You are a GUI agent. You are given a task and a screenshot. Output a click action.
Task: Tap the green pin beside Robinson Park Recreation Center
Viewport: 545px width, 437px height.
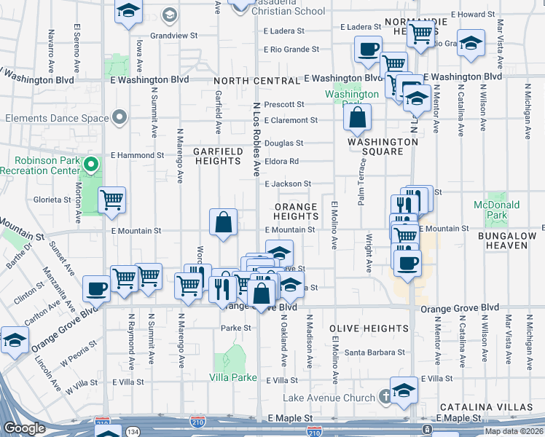coord(91,165)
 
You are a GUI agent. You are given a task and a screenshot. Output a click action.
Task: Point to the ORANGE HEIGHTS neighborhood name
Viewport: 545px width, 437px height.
coord(296,212)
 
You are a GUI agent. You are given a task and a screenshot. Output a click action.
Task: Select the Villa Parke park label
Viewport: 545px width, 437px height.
coord(233,377)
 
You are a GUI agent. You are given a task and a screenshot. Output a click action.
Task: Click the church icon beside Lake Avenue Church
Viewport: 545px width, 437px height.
coord(385,397)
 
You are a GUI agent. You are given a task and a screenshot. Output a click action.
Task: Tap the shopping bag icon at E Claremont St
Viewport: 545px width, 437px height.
coord(358,117)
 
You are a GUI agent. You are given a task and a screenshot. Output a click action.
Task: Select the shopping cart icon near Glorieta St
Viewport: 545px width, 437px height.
coord(111,200)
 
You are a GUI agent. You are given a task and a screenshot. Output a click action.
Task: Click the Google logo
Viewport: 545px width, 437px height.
coord(24,428)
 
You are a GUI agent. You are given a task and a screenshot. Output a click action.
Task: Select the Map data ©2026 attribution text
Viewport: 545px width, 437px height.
coord(514,431)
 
